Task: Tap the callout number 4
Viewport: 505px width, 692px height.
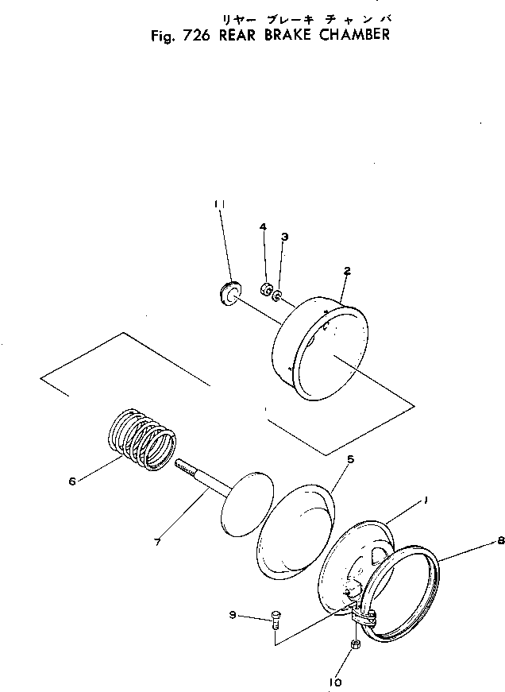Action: pyautogui.click(x=263, y=227)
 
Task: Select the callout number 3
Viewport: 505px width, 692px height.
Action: pyautogui.click(x=284, y=237)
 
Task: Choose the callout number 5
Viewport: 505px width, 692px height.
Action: pyautogui.click(x=328, y=459)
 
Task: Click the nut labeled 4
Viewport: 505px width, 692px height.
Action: pyautogui.click(x=267, y=287)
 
